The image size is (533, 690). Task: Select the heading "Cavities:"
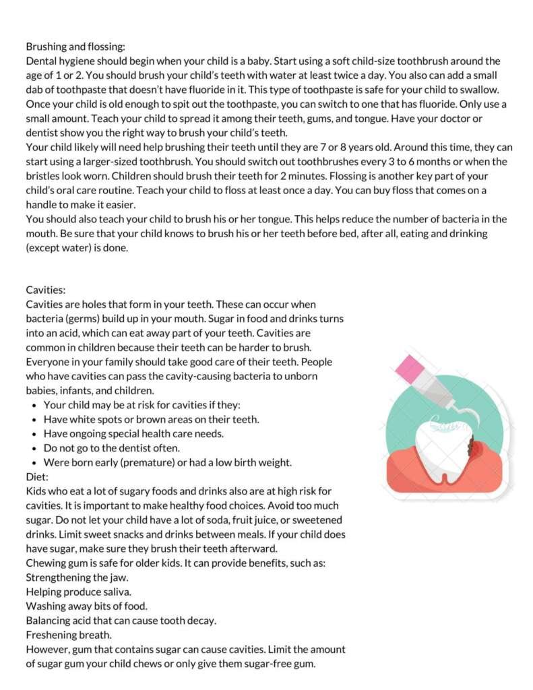[46, 290]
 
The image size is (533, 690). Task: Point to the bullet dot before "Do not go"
[34, 448]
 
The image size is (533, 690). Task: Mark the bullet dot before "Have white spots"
[34, 419]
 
